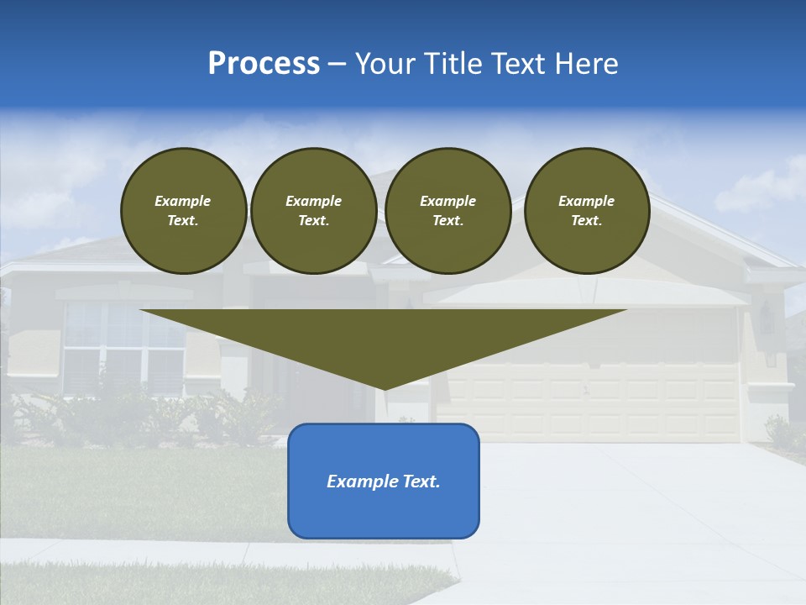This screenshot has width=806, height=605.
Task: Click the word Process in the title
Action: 264,64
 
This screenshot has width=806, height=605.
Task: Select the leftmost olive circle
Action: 183,211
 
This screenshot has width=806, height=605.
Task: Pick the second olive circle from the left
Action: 314,211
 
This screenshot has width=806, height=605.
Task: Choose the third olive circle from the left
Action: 447,211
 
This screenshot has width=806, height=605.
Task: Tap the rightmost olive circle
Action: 586,211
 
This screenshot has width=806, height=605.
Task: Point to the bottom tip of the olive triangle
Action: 384,387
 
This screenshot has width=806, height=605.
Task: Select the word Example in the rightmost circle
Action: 586,201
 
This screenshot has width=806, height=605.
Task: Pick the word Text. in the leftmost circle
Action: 183,221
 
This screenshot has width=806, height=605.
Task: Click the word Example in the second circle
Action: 314,201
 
